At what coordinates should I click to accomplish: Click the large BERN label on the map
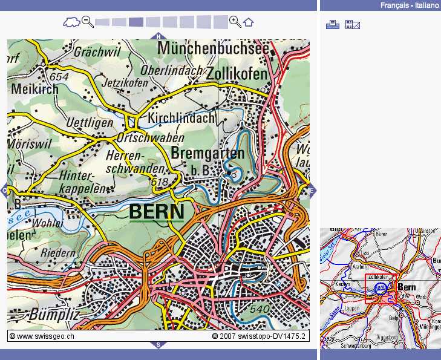(157, 212)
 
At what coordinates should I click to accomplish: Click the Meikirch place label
(34, 89)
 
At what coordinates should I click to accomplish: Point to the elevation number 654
(59, 77)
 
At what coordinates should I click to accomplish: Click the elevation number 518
(160, 182)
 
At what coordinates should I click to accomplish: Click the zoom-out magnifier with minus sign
(88, 22)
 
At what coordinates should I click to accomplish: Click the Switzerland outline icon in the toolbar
(71, 23)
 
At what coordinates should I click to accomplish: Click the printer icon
(332, 24)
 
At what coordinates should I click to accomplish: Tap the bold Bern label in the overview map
(407, 287)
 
